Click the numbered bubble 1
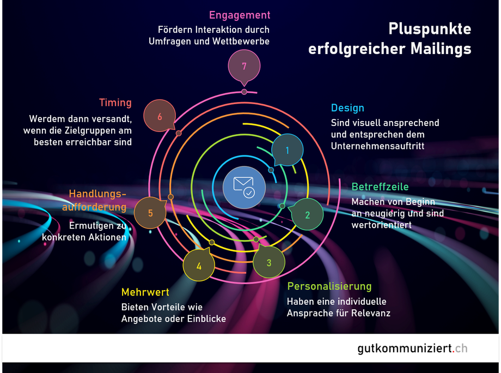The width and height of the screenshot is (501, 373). point(288,149)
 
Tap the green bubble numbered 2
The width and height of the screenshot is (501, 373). point(307,214)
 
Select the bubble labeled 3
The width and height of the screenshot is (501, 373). point(269,262)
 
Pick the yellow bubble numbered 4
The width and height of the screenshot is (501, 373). point(199,266)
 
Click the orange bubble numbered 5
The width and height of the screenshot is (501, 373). point(150,213)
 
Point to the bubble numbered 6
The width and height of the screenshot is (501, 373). point(160,116)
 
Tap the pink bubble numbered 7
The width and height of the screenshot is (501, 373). point(244,66)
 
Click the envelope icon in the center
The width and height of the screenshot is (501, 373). point(244,186)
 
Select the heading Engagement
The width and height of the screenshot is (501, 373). point(240,15)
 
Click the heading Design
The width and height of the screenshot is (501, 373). point(347,107)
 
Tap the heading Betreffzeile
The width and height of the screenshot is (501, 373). point(380,187)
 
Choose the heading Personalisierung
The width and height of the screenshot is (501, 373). point(329,286)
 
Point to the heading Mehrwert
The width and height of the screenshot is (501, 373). point(145,292)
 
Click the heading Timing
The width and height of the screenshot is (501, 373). point(115,103)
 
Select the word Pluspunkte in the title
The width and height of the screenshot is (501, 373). point(430,29)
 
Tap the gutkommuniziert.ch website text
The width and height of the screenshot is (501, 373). point(412,348)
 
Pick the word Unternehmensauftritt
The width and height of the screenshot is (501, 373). point(377,146)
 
